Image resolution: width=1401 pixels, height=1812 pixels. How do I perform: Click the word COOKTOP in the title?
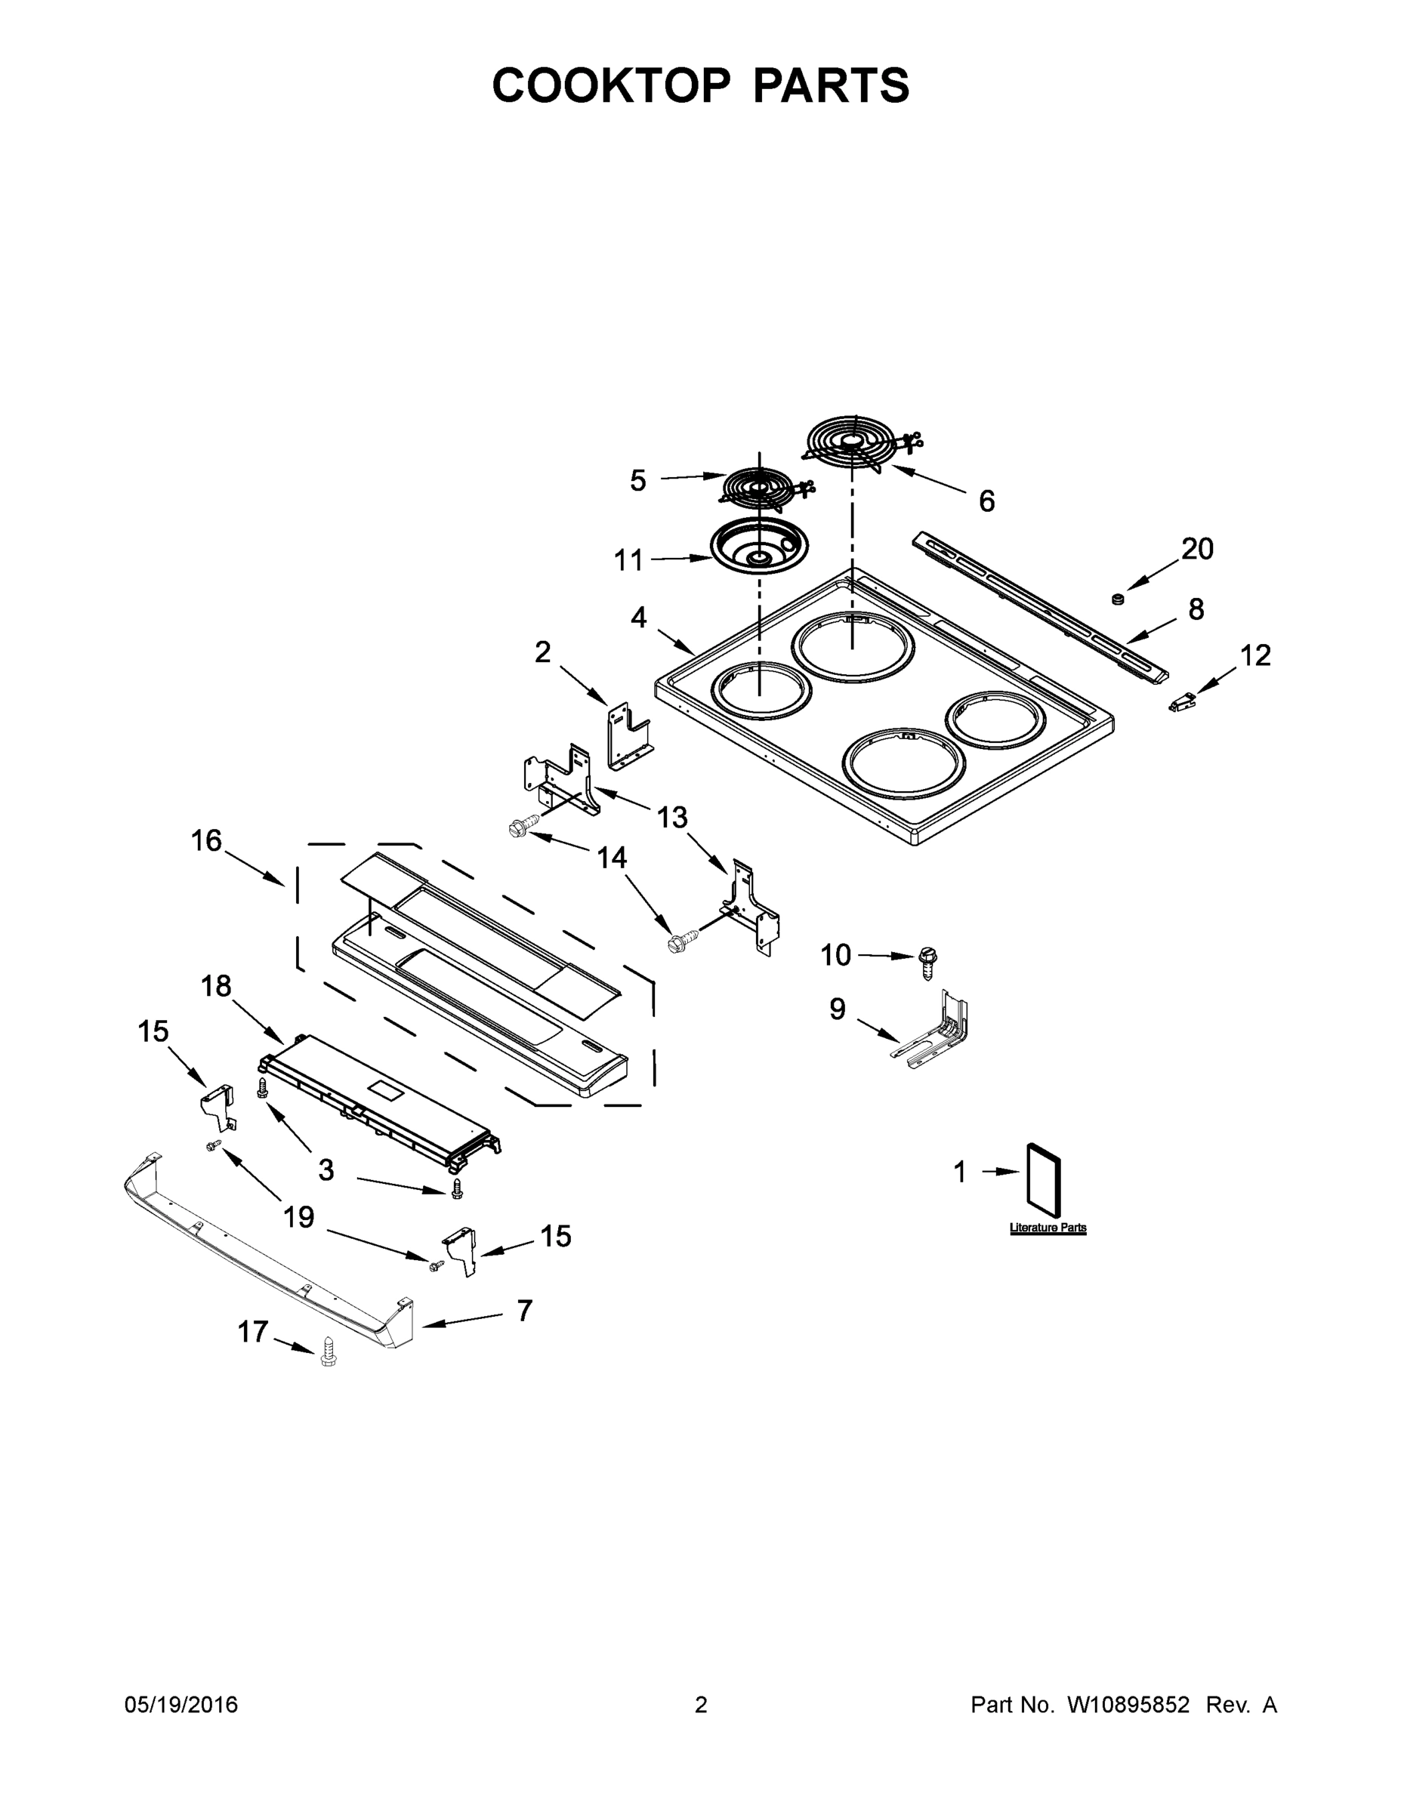612,85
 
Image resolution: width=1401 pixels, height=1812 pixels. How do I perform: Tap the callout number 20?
1197,548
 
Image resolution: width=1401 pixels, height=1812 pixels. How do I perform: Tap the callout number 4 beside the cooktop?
638,618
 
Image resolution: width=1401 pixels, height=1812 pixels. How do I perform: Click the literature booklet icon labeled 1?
1044,1175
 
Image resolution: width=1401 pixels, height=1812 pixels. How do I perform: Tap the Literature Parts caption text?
1048,1228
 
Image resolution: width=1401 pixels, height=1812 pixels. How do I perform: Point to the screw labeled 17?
329,1350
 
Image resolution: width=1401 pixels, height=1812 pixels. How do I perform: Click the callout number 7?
523,1310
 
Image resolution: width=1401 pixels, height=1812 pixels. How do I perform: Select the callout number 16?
207,840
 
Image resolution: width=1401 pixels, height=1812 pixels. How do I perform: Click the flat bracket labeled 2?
628,736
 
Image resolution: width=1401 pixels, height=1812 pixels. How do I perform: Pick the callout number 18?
216,985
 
